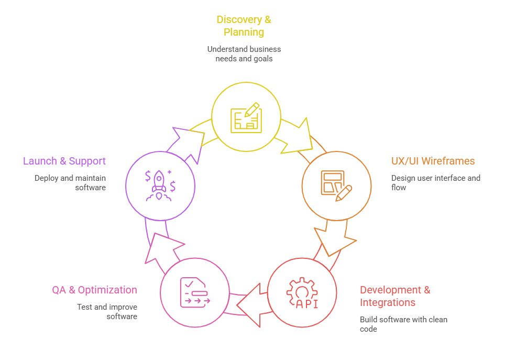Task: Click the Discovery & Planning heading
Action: (244, 26)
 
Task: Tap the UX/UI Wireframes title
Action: (433, 161)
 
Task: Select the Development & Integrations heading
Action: (395, 296)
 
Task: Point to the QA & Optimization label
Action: (94, 290)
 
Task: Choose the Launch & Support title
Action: (64, 161)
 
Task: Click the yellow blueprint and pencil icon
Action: (246, 117)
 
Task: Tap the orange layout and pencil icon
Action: (336, 186)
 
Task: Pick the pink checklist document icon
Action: (194, 292)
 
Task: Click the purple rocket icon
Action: (160, 186)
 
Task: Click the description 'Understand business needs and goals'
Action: (244, 53)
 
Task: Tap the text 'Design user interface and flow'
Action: (435, 182)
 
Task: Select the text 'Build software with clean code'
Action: (403, 324)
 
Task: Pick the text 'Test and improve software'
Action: (107, 311)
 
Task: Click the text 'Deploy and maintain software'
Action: (70, 182)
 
